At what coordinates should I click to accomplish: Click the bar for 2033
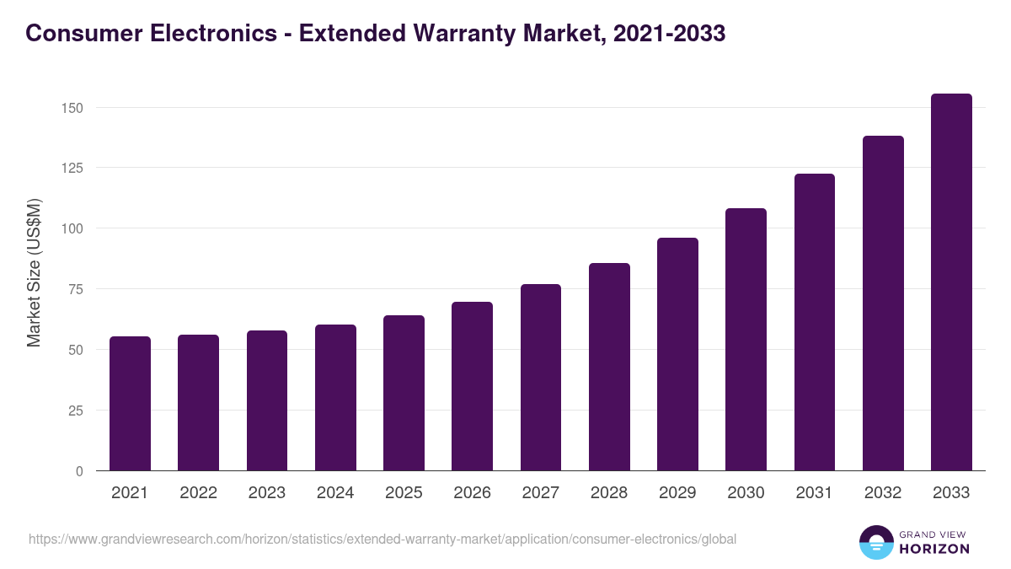[951, 282]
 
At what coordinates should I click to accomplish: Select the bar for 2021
[130, 404]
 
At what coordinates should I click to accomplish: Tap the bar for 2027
[541, 378]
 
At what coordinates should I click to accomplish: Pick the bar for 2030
[746, 340]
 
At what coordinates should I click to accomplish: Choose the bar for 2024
[335, 398]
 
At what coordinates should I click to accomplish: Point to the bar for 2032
[883, 303]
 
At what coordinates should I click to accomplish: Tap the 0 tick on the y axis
[79, 471]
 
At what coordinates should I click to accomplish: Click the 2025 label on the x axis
[404, 493]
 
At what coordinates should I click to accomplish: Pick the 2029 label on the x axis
[677, 493]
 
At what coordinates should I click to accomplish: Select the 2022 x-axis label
[198, 493]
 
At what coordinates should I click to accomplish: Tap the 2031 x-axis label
[815, 493]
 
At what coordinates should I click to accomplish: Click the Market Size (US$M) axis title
[34, 272]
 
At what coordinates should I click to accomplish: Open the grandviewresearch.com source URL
[382, 539]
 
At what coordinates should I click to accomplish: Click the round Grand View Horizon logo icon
[875, 542]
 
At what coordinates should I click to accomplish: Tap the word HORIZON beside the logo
[934, 549]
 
